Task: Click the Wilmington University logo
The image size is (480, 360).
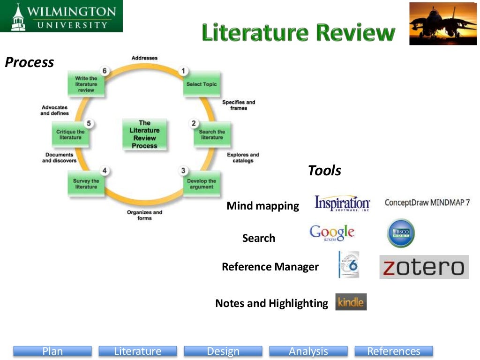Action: coord(61,16)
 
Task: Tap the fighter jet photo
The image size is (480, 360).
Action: coord(443,23)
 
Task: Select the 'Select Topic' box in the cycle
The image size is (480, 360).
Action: coord(202,84)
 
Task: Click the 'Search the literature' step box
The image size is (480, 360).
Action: coord(212,135)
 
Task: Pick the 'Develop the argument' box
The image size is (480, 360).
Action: coord(202,184)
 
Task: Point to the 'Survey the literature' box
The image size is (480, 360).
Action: coord(86,184)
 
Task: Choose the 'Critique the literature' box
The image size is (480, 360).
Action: coord(70,135)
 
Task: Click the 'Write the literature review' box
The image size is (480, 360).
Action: coord(86,84)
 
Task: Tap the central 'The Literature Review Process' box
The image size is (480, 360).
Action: coord(144,134)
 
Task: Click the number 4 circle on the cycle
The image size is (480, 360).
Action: coord(105,171)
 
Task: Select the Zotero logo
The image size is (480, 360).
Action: coord(424,267)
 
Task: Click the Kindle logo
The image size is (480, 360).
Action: coord(351,302)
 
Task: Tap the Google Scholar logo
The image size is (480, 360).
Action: coord(332,233)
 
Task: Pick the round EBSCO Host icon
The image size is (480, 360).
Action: coord(401,233)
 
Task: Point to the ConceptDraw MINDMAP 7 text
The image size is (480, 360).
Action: coord(427,202)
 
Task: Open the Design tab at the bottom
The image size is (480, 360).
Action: coord(223,351)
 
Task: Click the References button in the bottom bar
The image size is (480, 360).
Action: coord(394,351)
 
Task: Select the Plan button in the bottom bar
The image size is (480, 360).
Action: coord(52,351)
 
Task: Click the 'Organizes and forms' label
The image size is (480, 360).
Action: coord(144,215)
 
